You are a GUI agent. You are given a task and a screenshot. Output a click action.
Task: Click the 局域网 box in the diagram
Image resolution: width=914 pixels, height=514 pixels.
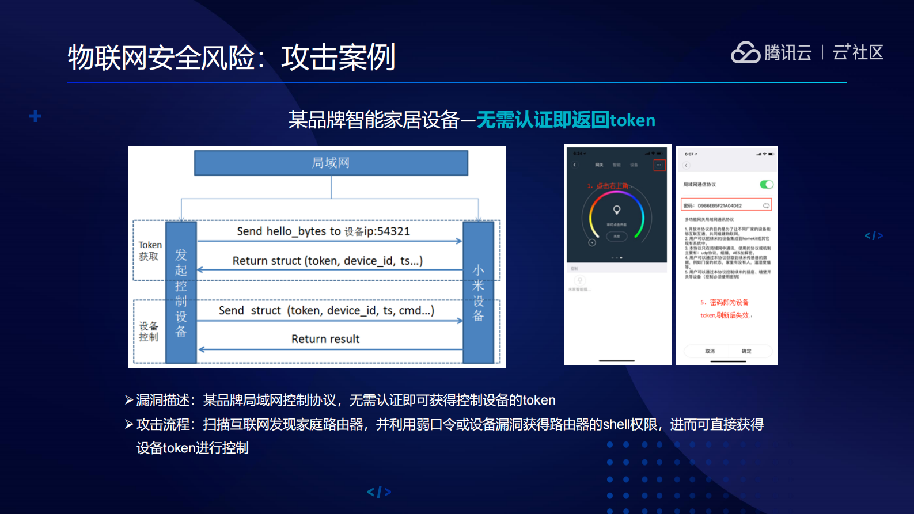click(x=331, y=163)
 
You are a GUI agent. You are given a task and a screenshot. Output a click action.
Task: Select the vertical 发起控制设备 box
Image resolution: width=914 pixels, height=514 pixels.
click(x=181, y=292)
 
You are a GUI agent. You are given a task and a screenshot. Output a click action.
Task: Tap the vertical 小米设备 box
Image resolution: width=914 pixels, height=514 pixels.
click(x=478, y=292)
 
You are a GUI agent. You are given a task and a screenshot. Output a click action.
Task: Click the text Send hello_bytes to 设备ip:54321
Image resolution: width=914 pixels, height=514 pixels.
click(x=323, y=231)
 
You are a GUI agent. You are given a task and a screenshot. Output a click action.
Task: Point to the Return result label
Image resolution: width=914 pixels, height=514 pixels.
click(x=325, y=339)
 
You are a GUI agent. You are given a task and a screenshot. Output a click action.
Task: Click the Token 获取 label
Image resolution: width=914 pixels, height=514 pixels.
click(x=150, y=250)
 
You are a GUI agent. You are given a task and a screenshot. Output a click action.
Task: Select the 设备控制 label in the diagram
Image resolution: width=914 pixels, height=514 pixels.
click(x=148, y=332)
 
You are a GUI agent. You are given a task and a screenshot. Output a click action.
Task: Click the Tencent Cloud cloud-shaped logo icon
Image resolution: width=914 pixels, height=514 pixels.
click(x=745, y=52)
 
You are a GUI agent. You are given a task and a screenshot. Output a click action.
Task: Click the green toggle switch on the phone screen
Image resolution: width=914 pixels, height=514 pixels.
click(x=766, y=185)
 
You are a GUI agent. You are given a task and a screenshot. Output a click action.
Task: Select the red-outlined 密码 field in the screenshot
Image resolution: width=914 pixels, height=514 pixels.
click(x=726, y=205)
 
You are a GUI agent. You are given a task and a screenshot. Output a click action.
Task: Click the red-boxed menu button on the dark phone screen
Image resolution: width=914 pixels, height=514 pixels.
click(x=659, y=165)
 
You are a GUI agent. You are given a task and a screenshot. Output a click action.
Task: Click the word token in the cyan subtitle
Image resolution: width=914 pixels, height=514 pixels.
click(x=632, y=120)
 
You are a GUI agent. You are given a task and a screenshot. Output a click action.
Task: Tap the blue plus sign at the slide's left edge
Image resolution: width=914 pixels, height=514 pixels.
click(x=35, y=116)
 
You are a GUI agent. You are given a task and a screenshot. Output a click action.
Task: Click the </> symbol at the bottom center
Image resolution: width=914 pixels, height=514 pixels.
click(x=379, y=492)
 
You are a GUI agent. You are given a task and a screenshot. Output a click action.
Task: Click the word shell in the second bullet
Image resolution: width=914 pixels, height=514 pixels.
click(x=616, y=425)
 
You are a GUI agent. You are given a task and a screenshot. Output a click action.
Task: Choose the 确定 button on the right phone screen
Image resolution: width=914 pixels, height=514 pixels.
click(x=746, y=351)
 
